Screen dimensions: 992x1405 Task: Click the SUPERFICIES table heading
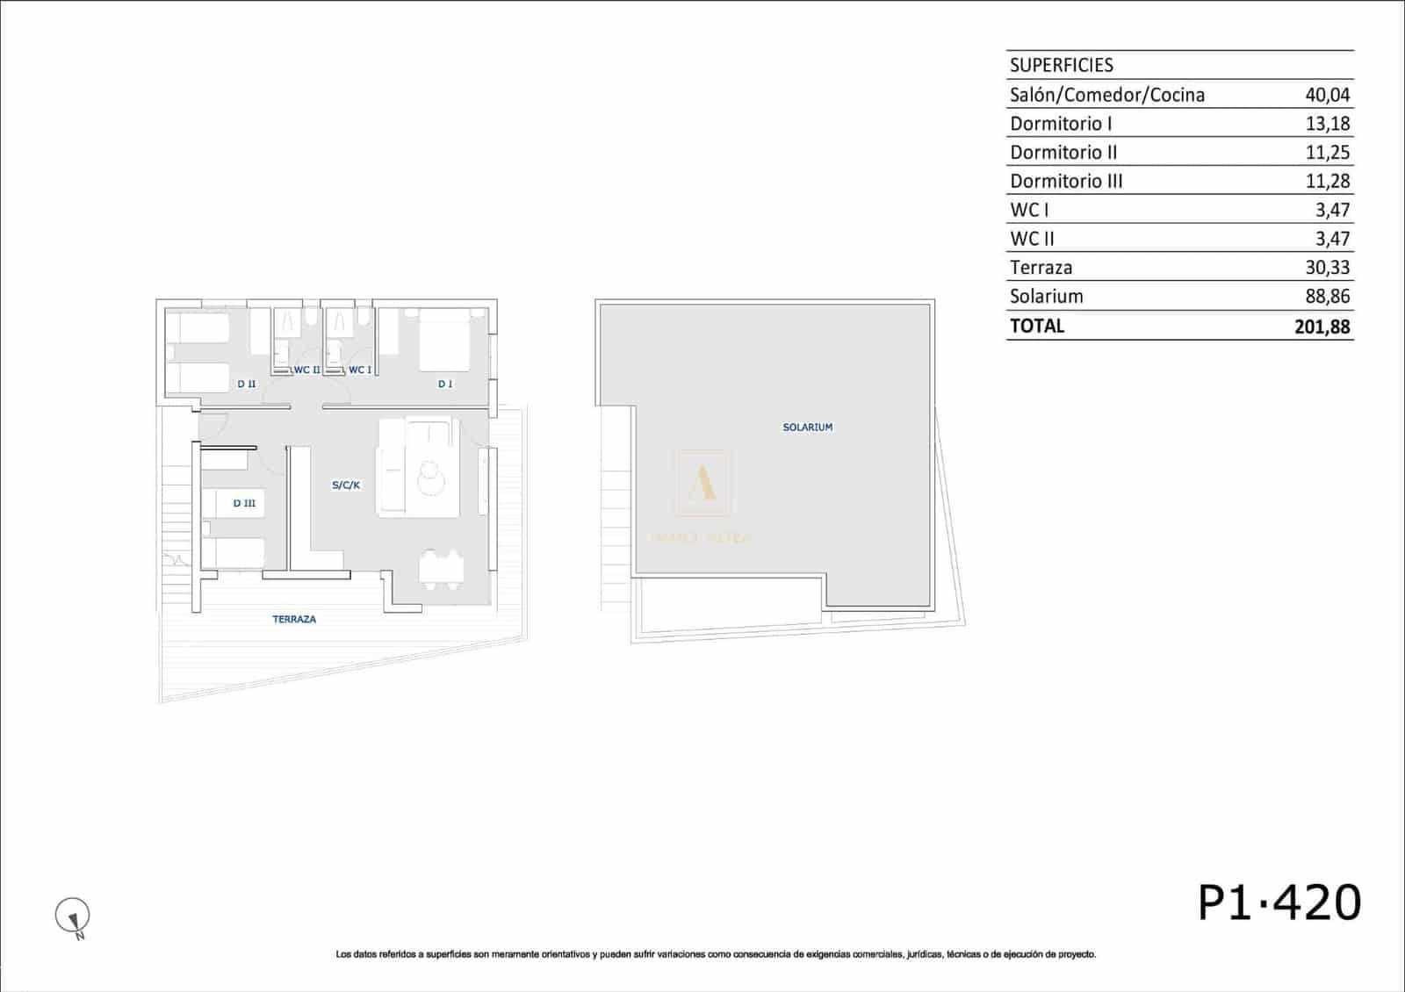coord(1061,65)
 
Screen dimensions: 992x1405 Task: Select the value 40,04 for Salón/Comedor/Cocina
coord(1327,95)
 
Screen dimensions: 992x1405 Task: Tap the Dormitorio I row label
coord(1061,124)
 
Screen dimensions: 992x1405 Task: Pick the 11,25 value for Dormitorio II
coord(1327,153)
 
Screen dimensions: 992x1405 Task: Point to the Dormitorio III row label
coord(1066,182)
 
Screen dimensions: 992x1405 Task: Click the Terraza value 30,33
coord(1327,268)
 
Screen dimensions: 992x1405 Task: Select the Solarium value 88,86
coord(1327,297)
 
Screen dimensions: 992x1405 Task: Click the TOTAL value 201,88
coord(1322,327)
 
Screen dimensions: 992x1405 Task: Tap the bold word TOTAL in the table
coord(1037,326)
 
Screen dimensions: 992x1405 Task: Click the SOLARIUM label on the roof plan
coord(807,428)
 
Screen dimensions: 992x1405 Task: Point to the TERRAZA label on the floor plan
coord(294,619)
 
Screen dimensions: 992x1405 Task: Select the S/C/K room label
coord(346,485)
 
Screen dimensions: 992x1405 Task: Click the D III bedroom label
coord(244,503)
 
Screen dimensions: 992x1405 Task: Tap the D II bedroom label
coord(247,384)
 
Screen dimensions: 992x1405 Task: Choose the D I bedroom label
coord(445,384)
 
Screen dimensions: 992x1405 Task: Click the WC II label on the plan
coord(306,370)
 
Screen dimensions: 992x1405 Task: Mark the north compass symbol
coord(73,917)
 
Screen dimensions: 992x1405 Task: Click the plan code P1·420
coord(1279,902)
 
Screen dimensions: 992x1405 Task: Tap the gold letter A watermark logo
coord(702,482)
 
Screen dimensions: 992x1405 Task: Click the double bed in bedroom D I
coord(445,340)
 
